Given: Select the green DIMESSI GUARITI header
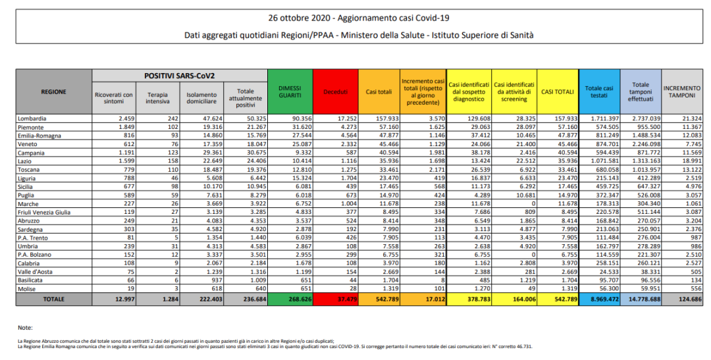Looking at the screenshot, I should (x=290, y=91).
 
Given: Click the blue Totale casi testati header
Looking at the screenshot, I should (x=599, y=91).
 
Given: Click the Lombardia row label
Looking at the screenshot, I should (x=33, y=118).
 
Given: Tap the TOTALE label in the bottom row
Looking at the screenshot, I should (x=53, y=299).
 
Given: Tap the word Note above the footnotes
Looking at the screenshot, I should (x=25, y=326).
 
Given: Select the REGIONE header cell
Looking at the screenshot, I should (x=53, y=91).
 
